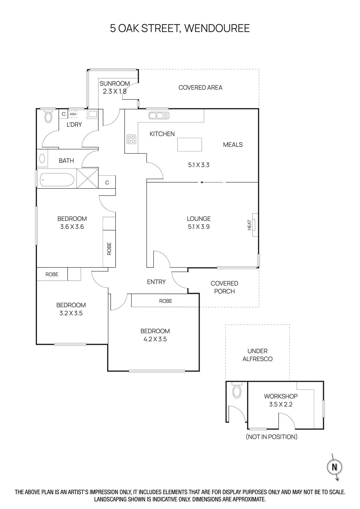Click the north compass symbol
tap(334, 467)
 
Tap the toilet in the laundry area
tap(48, 117)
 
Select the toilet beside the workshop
tap(237, 391)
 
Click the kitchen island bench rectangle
tap(190, 144)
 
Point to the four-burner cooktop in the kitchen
tap(131, 139)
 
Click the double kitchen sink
tap(159, 115)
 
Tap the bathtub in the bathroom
tap(57, 180)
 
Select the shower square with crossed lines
tap(87, 178)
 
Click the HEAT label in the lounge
tap(249, 225)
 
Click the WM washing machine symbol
tap(73, 114)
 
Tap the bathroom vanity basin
tap(42, 158)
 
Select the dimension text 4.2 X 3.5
tap(155, 339)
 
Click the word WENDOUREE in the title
tap(217, 28)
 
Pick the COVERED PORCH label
tap(224, 287)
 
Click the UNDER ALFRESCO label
tap(257, 355)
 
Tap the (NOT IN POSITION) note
tap(272, 437)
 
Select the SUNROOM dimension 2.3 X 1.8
tap(114, 91)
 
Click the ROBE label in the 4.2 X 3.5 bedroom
tap(165, 301)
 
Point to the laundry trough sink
tap(93, 114)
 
